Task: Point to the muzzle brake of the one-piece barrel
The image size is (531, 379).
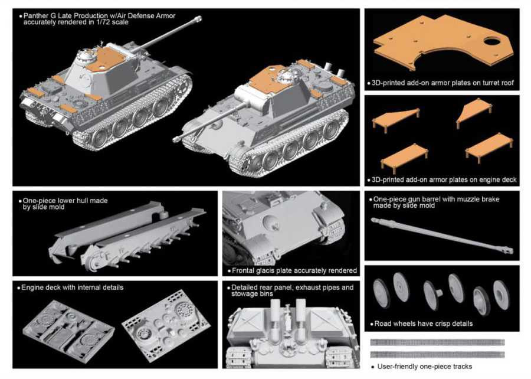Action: (x=509, y=250)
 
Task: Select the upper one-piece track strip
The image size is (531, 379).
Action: (x=438, y=342)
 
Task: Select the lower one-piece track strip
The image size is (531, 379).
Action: (x=438, y=355)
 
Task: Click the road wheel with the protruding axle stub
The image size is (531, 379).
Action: (x=432, y=295)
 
